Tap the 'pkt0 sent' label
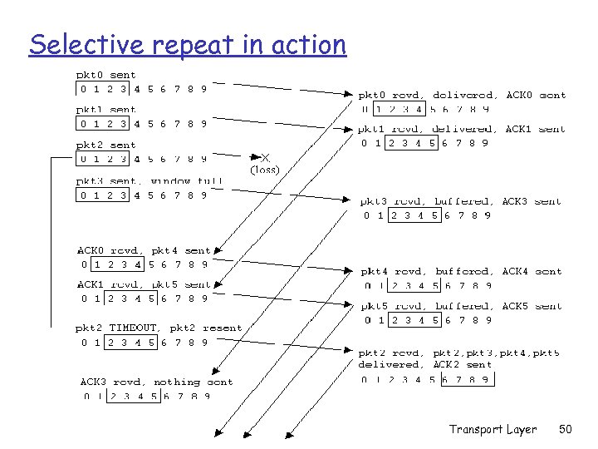pos(106,75)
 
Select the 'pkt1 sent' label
pos(106,110)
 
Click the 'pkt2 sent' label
pos(106,145)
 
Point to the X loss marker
pos(265,156)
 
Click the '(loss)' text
pos(265,170)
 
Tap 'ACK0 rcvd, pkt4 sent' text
pos(145,250)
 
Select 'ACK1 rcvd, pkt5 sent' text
pos(145,284)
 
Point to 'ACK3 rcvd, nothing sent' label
pos(156,382)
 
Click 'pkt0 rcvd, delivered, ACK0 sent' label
pos(463,95)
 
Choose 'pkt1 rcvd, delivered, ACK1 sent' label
pos(463,129)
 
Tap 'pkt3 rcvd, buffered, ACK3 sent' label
pos(461,201)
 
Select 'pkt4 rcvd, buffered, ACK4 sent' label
pos(461,271)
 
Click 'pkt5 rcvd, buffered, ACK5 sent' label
pos(461,306)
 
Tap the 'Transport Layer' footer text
pos(493,429)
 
